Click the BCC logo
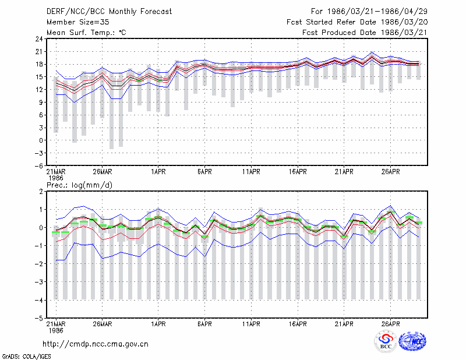[x=386, y=341]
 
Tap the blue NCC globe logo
[x=412, y=341]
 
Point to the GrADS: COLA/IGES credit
[x=26, y=357]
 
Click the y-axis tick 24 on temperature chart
[x=39, y=39]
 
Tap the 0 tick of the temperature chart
[x=41, y=140]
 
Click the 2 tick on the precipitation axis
[x=41, y=192]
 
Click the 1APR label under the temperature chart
[x=158, y=172]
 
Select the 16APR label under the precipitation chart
[x=298, y=324]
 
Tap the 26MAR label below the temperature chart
[x=103, y=172]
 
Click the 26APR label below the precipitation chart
[x=390, y=324]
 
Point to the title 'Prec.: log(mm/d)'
[x=79, y=185]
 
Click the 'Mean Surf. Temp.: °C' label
[x=86, y=33]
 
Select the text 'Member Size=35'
[x=78, y=22]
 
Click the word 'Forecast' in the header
[x=156, y=12]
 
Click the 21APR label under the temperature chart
[x=344, y=172]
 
